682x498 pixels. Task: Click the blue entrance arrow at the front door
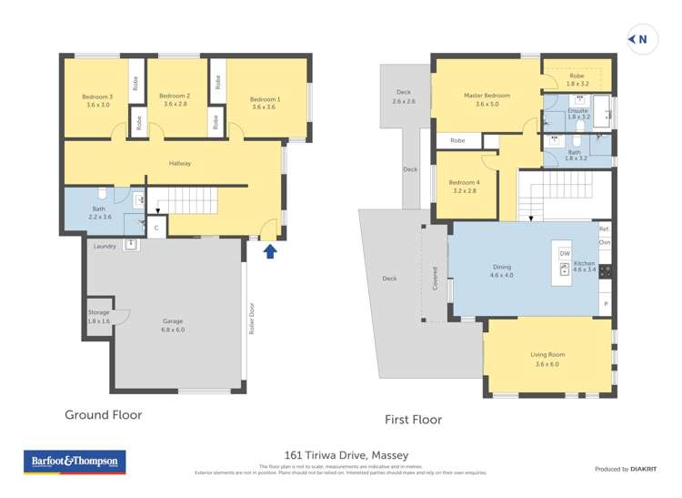point(269,250)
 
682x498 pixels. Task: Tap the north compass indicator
point(639,38)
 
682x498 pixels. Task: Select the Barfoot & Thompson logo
point(74,462)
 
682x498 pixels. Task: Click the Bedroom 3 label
point(96,100)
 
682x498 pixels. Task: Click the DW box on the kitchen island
point(565,254)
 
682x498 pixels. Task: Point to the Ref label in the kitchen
point(604,229)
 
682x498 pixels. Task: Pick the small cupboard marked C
point(156,228)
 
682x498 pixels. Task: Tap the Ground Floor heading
point(103,414)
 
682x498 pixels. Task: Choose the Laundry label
point(105,246)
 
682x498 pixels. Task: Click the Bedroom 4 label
point(466,187)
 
